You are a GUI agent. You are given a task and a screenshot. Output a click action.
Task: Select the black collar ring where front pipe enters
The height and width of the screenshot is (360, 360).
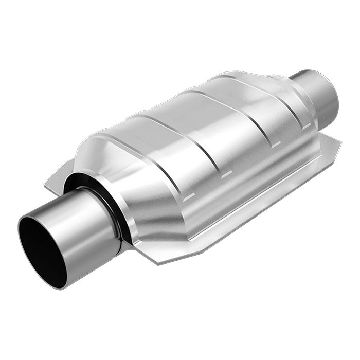tap(115, 216)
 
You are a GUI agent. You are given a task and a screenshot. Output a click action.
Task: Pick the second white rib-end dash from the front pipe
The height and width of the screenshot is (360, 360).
tap(226, 175)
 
